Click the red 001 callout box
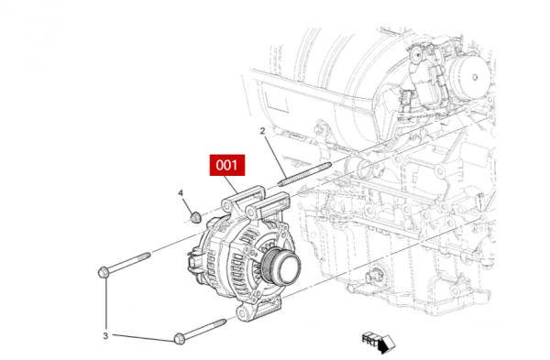(x=227, y=165)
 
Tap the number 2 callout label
(x=262, y=131)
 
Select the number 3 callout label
(x=105, y=336)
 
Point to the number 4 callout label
(x=181, y=192)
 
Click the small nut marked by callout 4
(x=196, y=217)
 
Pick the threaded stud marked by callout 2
(x=304, y=173)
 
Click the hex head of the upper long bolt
(x=103, y=272)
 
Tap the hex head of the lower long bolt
(x=180, y=339)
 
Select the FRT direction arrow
(x=379, y=342)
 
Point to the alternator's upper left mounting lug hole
(x=226, y=204)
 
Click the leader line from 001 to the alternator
(x=230, y=184)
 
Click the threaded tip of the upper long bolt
(x=144, y=256)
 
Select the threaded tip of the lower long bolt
(x=218, y=323)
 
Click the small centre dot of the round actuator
(x=475, y=77)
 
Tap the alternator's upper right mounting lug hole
(x=251, y=213)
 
